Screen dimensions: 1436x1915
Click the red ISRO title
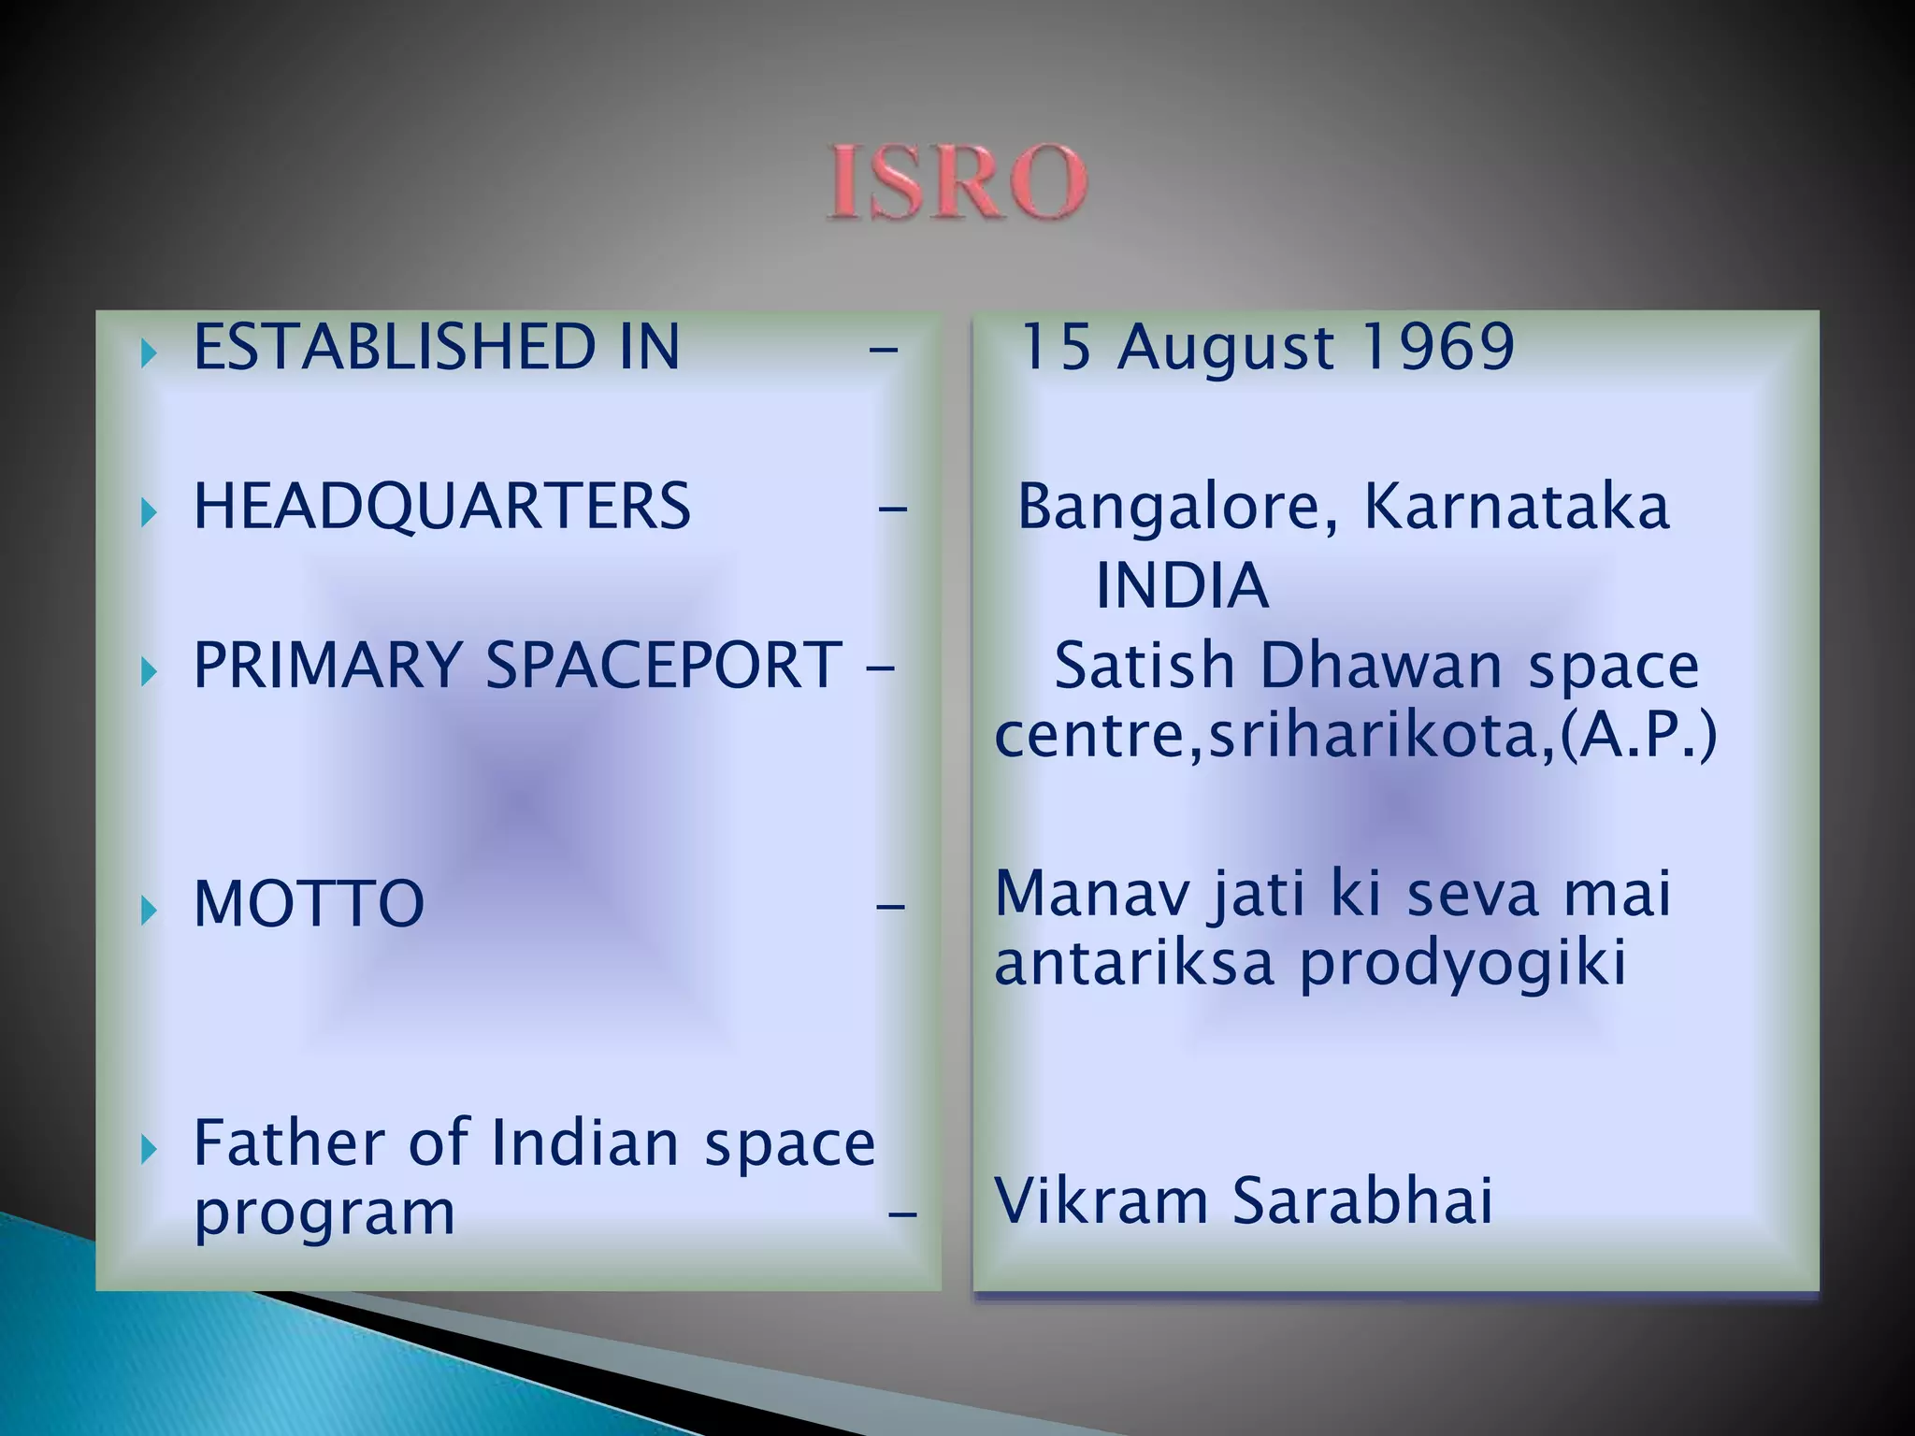point(957,182)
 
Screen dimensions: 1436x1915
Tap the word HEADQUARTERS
point(441,507)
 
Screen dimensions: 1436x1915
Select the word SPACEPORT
point(663,666)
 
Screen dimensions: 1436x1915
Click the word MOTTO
point(309,904)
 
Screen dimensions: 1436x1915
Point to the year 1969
point(1436,347)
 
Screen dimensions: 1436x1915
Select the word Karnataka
point(1516,507)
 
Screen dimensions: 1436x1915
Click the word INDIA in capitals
point(1182,587)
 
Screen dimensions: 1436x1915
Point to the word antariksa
point(1133,963)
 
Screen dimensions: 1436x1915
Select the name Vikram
point(1101,1200)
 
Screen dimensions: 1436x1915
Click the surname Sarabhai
point(1361,1200)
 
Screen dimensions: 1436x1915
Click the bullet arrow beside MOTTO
point(149,910)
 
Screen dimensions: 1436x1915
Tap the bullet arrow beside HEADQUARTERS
point(149,512)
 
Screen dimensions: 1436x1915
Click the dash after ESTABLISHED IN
point(883,352)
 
